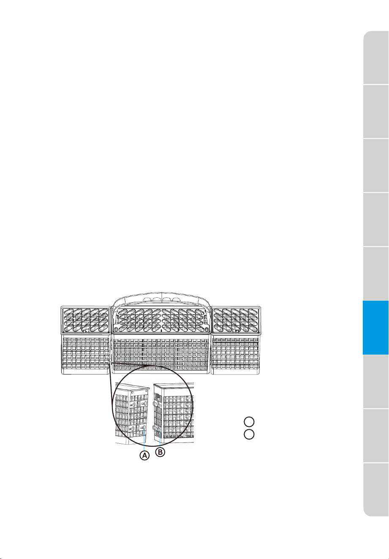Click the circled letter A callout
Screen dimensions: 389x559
pyautogui.click(x=144, y=456)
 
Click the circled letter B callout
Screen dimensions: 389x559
pyautogui.click(x=160, y=452)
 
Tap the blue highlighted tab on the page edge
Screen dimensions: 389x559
pyautogui.click(x=376, y=327)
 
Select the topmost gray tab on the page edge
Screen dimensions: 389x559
pyautogui.click(x=376, y=57)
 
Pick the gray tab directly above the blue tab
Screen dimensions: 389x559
pyautogui.click(x=376, y=274)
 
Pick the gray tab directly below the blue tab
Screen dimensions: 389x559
pyautogui.click(x=376, y=382)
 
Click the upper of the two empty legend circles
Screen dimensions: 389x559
pyautogui.click(x=249, y=421)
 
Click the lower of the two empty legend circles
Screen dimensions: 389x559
pyautogui.click(x=249, y=434)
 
